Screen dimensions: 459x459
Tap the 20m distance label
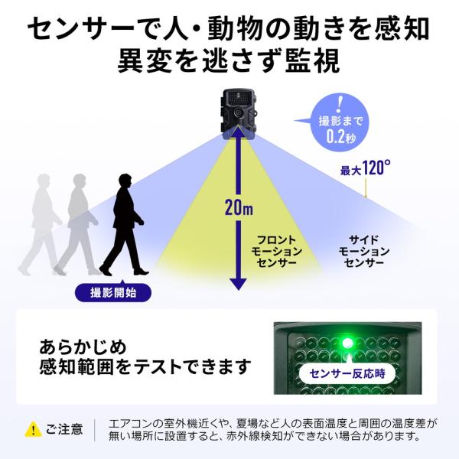pyautogui.click(x=239, y=207)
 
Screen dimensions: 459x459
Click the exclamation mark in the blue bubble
pyautogui.click(x=340, y=102)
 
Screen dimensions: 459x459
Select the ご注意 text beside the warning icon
pyautogui.click(x=64, y=428)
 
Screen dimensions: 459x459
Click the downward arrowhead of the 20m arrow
pyautogui.click(x=239, y=284)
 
